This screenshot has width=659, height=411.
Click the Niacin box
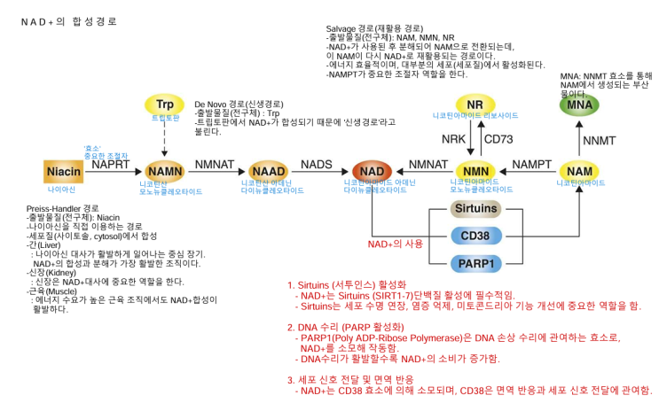(x=64, y=169)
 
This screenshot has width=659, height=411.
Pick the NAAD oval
(x=267, y=170)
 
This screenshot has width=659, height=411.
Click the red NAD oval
(x=373, y=170)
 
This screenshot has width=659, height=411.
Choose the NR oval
(x=475, y=104)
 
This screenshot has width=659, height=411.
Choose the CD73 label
(x=498, y=139)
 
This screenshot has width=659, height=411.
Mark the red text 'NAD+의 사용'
(x=396, y=244)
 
